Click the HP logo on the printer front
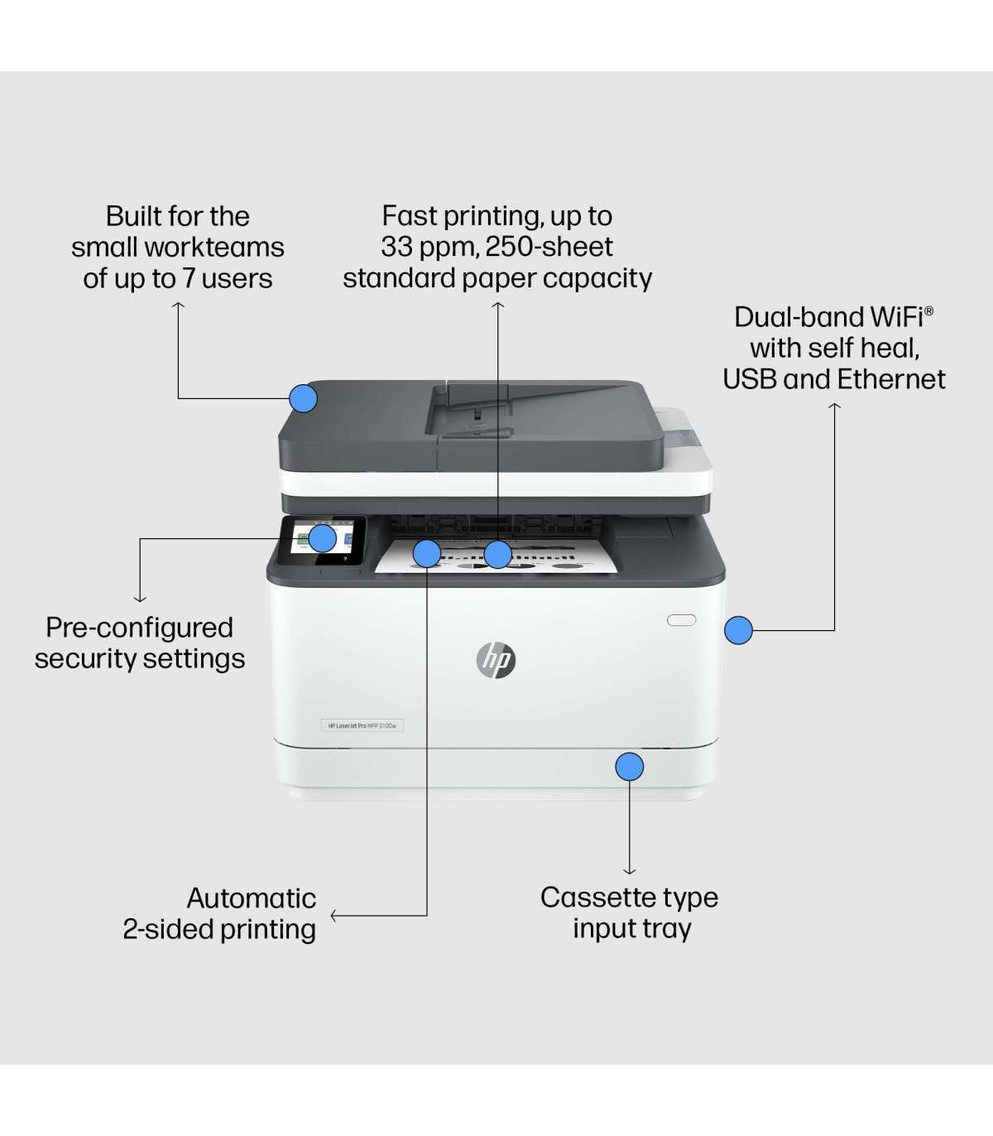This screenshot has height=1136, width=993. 496,659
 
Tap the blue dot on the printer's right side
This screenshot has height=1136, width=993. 738,630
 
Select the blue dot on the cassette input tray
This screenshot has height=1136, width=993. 629,767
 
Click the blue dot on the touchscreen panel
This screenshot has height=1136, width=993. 322,538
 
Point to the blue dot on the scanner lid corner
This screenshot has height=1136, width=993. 304,398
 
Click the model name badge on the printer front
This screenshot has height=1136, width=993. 362,725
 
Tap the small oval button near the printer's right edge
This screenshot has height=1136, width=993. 681,619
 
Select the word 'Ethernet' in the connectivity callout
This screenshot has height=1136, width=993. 892,379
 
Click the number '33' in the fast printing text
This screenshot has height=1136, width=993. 396,247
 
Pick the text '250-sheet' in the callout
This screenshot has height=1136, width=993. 549,247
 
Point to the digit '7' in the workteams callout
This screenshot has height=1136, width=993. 188,279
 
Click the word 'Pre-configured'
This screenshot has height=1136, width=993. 139,628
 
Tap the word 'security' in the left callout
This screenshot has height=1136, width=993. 84,659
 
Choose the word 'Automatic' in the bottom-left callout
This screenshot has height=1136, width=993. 251,898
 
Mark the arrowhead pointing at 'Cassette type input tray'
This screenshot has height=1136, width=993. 629,871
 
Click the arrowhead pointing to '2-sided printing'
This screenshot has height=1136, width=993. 333,916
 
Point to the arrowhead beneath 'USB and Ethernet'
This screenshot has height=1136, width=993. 834,406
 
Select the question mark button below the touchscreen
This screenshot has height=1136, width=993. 345,559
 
